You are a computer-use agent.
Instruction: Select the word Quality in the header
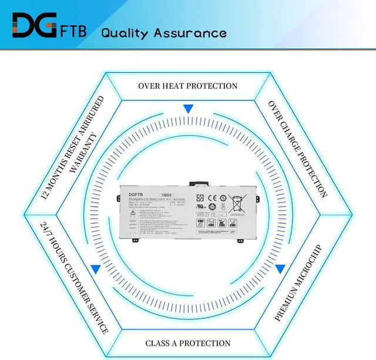[125, 32]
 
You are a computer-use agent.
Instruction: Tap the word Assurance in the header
[190, 32]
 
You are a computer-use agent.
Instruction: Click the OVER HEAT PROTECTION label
[188, 86]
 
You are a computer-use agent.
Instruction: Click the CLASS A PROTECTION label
[188, 343]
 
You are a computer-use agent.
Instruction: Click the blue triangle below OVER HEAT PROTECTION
[188, 109]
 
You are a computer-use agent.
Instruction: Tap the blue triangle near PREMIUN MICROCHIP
[280, 268]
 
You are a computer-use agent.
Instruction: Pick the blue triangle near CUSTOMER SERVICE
[95, 268]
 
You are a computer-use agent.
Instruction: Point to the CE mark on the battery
[214, 198]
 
